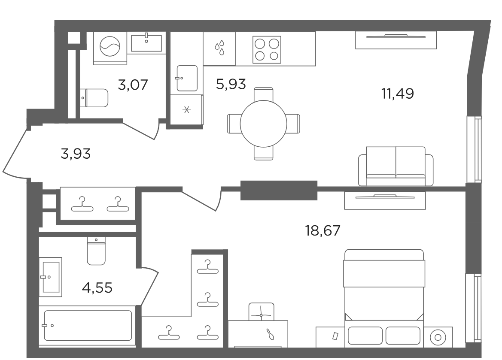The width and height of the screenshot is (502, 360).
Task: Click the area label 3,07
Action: click(133, 85)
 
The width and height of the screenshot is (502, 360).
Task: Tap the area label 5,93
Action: click(231, 85)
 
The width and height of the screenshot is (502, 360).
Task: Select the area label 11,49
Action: click(397, 94)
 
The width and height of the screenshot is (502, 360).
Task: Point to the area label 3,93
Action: click(76, 154)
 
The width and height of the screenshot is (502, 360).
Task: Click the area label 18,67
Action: click(323, 230)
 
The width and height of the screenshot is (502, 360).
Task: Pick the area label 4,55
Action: click(97, 288)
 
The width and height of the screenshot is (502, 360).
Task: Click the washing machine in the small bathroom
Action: click(110, 48)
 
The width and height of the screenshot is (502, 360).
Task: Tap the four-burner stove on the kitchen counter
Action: click(267, 50)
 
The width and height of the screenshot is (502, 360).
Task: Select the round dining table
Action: click(264, 124)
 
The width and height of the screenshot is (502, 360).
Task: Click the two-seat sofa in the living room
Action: click(396, 166)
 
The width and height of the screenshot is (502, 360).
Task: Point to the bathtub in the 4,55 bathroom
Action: click(88, 325)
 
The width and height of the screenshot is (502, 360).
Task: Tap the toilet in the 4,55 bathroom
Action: click(96, 251)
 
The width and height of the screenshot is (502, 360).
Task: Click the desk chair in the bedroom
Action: click(261, 312)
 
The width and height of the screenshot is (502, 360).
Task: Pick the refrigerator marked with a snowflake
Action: click(186, 110)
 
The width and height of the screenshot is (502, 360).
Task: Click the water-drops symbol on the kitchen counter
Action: click(219, 48)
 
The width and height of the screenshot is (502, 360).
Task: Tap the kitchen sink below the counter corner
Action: click(187, 78)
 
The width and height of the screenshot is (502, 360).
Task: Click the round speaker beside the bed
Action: click(438, 337)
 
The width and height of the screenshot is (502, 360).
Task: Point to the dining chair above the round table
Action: click(264, 94)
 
